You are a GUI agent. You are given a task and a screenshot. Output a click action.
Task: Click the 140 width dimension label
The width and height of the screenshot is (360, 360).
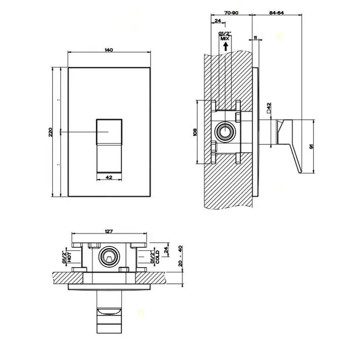coord(109,50)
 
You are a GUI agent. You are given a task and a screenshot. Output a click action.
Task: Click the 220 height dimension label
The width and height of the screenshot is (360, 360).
coord(51,132)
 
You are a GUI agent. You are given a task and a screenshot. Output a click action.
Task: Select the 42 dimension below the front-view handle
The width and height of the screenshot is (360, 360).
coord(109,177)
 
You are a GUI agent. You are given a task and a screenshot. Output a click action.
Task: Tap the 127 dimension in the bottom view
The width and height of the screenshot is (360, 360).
coord(109,231)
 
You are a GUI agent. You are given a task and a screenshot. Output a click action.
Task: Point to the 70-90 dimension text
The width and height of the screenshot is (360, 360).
coord(231,13)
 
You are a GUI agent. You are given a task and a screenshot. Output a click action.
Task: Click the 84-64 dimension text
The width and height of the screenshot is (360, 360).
coord(276,13)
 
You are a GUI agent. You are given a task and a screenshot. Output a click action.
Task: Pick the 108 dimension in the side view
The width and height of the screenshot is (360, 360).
coord(195,132)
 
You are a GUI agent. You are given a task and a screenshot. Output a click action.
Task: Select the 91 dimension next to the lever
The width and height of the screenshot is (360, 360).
coord(311,146)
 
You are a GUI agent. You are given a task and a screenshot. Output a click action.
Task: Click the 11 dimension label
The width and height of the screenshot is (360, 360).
coord(256,38)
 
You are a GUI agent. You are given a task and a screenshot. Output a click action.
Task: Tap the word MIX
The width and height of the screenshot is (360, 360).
coord(225,39)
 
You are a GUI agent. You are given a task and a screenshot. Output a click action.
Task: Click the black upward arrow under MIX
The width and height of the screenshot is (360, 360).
coord(226,47)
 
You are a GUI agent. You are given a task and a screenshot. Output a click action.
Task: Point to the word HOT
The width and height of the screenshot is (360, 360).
coord(69,257)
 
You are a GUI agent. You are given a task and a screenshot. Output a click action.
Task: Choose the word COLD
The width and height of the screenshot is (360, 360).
coord(157,257)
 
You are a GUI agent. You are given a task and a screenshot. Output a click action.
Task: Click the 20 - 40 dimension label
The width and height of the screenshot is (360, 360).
coord(181,256)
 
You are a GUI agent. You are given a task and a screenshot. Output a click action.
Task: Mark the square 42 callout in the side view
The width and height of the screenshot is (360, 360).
coord(269,107)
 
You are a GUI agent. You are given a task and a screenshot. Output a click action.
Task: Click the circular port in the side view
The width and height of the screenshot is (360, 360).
coord(225,132)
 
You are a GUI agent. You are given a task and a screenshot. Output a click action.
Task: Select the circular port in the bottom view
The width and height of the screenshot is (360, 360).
coord(109,257)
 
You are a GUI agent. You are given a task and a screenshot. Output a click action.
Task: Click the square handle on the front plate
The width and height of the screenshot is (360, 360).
coord(109,132)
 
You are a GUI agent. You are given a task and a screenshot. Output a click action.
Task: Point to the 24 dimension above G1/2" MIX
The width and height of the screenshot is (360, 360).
coord(218,21)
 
